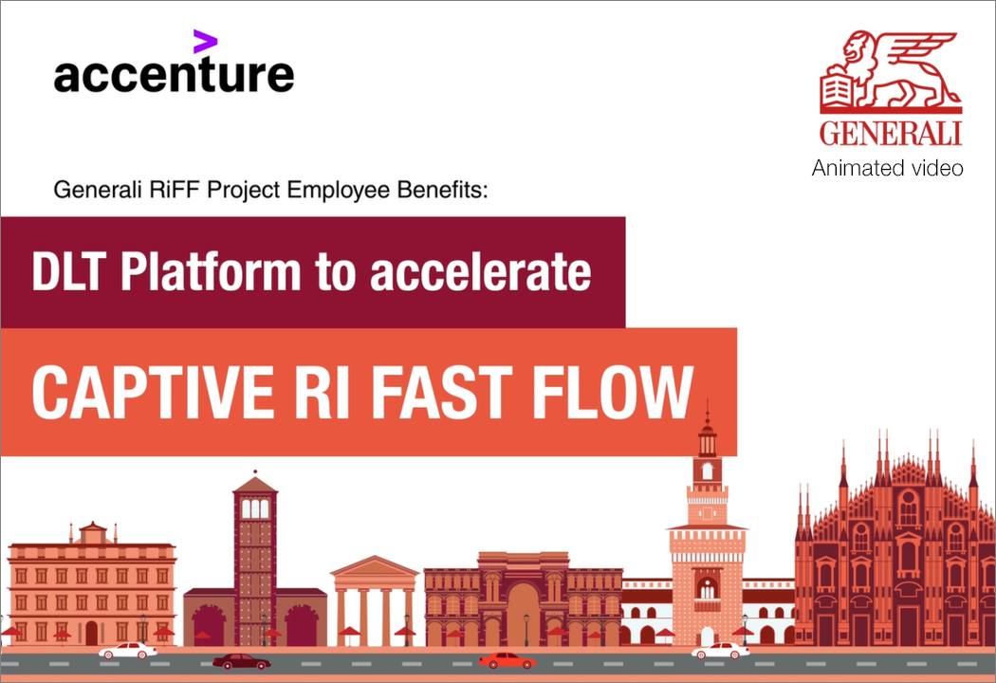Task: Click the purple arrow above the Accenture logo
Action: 205,42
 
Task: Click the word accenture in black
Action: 174,75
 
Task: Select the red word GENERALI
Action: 891,133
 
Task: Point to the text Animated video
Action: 887,168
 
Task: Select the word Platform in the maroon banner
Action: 211,272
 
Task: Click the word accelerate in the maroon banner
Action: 481,272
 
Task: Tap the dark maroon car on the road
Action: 241,661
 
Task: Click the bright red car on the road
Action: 507,661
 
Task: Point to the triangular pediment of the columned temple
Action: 375,566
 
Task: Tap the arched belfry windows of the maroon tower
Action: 255,508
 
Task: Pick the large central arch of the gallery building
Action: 524,614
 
